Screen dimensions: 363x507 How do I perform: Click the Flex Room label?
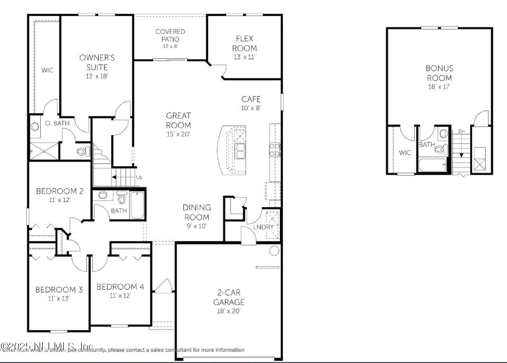pyautogui.click(x=244, y=43)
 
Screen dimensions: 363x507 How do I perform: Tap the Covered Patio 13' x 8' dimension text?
pyautogui.click(x=170, y=46)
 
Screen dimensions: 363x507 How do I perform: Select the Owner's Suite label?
pyautogui.click(x=97, y=62)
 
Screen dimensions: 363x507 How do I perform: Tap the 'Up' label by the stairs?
pyautogui.click(x=139, y=177)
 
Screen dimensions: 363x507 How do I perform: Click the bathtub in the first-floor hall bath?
pyautogui.click(x=137, y=205)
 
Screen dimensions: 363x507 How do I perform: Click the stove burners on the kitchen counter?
pyautogui.click(x=275, y=150)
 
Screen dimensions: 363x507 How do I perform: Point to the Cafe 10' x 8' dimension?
pyautogui.click(x=251, y=108)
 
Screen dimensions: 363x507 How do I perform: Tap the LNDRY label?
pyautogui.click(x=263, y=227)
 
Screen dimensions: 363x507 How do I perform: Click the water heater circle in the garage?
pyautogui.click(x=274, y=251)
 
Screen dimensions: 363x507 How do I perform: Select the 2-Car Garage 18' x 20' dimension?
pyautogui.click(x=229, y=311)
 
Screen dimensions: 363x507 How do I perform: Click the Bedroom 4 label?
pyautogui.click(x=120, y=287)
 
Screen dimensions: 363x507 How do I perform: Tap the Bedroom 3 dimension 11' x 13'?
pyautogui.click(x=59, y=299)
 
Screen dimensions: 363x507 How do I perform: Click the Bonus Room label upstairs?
pyautogui.click(x=439, y=73)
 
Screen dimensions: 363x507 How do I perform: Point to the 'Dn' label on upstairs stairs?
pyautogui.click(x=461, y=131)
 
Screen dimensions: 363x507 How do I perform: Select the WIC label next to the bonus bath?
pyautogui.click(x=405, y=153)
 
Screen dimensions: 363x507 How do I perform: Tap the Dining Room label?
pyautogui.click(x=197, y=212)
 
